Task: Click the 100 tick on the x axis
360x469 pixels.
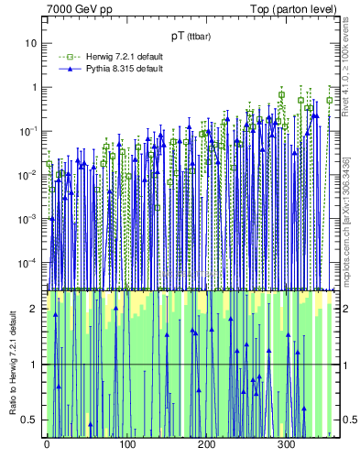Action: pos(126,445)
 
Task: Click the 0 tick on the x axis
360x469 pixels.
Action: pos(47,445)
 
